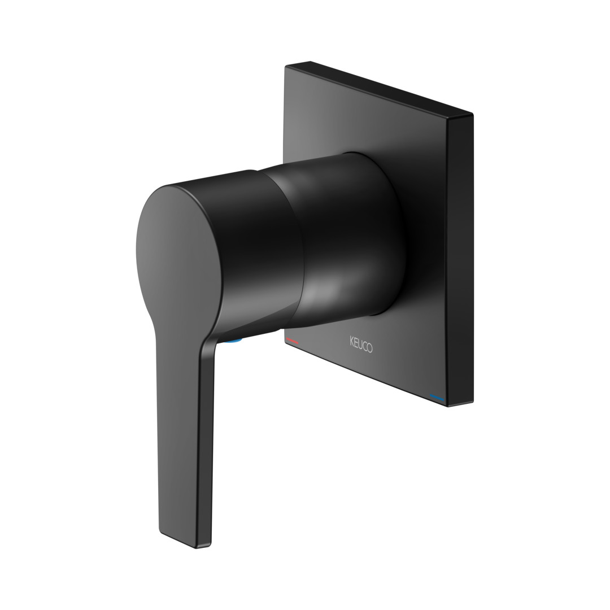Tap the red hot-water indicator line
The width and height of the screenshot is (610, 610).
click(x=292, y=341)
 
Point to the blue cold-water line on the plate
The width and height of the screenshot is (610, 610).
click(x=437, y=397)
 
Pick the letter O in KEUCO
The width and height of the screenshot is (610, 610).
click(x=369, y=348)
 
